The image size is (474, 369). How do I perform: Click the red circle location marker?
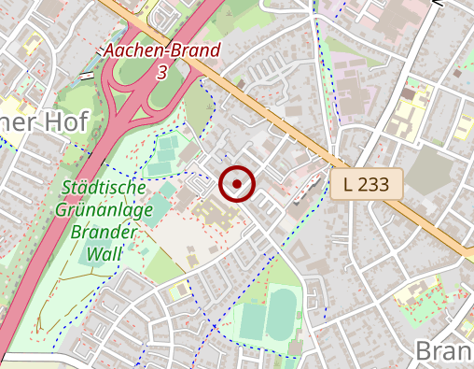point(237,184)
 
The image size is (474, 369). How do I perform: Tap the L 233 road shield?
point(366,184)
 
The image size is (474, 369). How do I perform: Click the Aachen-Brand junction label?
point(162,50)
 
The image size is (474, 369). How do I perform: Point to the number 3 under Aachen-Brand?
point(162,71)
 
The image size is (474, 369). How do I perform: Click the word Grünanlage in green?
point(104,210)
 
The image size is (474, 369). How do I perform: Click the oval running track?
point(281,313)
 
